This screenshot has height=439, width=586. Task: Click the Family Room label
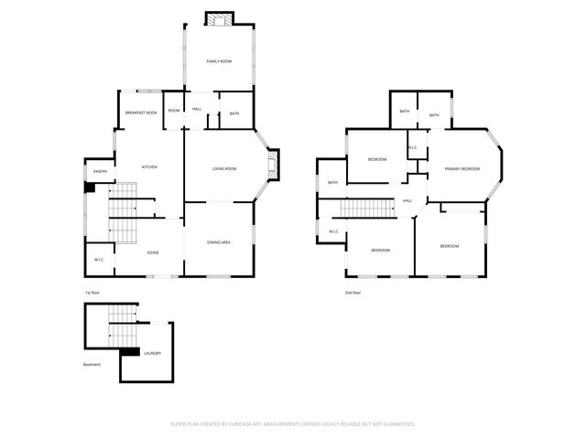coord(218,61)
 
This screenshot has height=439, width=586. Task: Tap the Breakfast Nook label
coord(141,112)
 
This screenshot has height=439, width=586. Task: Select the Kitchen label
coord(149,167)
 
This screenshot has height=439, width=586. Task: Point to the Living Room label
coord(224,169)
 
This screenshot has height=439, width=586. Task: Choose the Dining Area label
coord(218,241)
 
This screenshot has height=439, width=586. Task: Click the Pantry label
coord(101,172)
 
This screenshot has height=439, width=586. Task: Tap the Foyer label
coord(153,252)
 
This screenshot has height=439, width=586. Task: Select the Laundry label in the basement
coord(153,352)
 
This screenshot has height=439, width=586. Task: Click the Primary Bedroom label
coord(462,169)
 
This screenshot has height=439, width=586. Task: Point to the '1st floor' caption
coord(92,293)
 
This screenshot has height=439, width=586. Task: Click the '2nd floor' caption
coord(353,293)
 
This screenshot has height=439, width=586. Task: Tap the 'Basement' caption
coord(92,364)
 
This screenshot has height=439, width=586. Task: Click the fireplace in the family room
coord(218,20)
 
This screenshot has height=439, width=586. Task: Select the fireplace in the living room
coord(270,167)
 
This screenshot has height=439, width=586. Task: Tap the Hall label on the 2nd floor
coord(407,201)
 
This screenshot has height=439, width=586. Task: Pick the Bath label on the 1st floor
coord(234,113)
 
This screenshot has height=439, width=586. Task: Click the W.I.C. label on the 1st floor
coord(99,261)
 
